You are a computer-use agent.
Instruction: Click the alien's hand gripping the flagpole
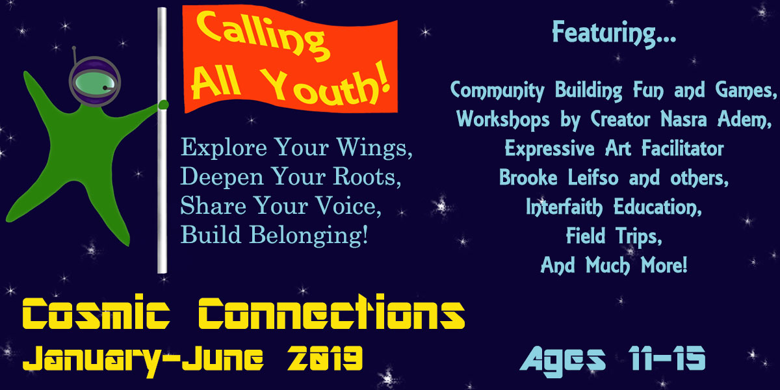click(163, 105)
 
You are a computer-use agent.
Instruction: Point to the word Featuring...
click(614, 33)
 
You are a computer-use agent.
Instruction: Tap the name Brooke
click(528, 177)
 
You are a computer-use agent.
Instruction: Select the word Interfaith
click(564, 207)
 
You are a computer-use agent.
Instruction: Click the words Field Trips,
click(614, 237)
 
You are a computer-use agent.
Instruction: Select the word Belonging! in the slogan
click(309, 235)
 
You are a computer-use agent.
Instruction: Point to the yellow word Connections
click(331, 313)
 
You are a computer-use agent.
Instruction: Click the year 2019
click(324, 358)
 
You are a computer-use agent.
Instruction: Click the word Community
click(497, 90)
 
